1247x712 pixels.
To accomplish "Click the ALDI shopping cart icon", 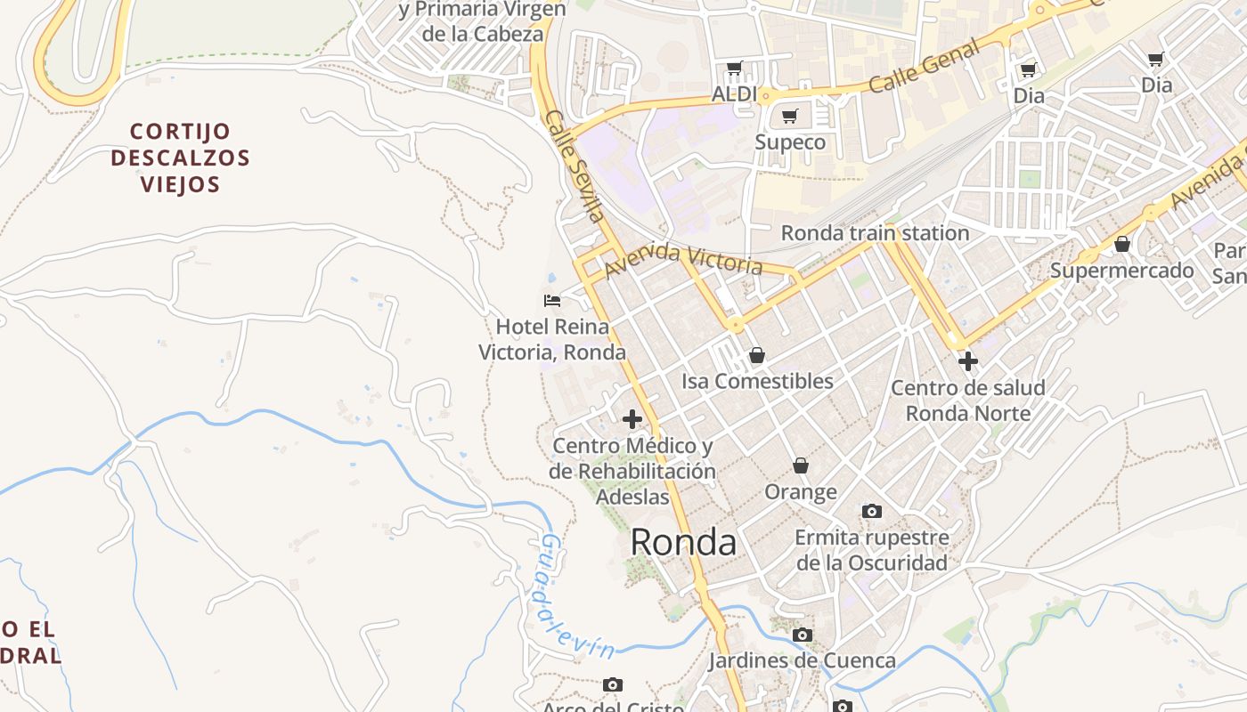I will coord(734,68).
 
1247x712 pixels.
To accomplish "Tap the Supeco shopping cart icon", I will coord(789,116).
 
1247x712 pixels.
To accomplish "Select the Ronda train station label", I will coord(875,233).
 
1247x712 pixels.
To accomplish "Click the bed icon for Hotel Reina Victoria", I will coord(552,301).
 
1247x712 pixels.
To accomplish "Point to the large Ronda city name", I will coord(683,542).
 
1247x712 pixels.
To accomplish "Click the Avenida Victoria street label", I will coord(683,259).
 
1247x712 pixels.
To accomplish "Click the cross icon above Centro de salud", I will coord(967,361).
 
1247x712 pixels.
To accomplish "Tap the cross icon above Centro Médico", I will coord(632,419).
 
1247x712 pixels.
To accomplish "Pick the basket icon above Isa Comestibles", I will coord(756,355).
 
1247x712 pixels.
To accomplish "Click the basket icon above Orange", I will coord(801,465).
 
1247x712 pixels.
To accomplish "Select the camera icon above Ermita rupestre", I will coord(871,511).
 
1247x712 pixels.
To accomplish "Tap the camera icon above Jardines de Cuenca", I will coord(802,635).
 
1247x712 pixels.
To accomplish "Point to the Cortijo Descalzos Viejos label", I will coord(180,158).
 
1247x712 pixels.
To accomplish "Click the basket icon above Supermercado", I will coord(1121,244).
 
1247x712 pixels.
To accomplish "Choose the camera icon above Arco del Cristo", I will coord(612,684).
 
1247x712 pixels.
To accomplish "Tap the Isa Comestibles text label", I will coord(757,381).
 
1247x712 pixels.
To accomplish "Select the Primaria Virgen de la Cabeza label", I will coord(482,21).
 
